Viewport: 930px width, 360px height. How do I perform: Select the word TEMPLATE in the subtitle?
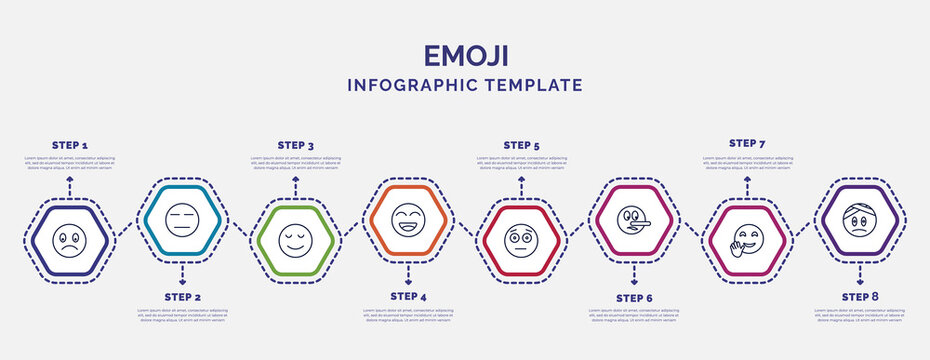click(x=533, y=86)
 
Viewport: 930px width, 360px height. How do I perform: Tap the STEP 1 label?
click(x=70, y=145)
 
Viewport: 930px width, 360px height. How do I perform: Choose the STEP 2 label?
click(x=182, y=297)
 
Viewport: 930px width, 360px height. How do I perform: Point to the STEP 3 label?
click(x=295, y=145)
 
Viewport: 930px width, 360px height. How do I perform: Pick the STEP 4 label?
click(x=408, y=296)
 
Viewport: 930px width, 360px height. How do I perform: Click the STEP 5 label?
click(x=521, y=145)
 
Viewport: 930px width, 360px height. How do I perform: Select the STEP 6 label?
click(x=634, y=297)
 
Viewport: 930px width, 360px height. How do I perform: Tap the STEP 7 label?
click(x=747, y=143)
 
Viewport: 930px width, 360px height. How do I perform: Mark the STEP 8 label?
click(x=860, y=296)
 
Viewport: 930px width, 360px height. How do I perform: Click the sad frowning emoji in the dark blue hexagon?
click(x=70, y=241)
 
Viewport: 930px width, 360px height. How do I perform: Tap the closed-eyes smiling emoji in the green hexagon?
click(x=295, y=241)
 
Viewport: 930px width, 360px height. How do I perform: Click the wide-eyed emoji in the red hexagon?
click(x=521, y=241)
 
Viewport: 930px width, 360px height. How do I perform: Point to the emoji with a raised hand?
click(x=745, y=241)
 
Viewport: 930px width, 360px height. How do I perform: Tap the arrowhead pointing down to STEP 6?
click(x=634, y=283)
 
